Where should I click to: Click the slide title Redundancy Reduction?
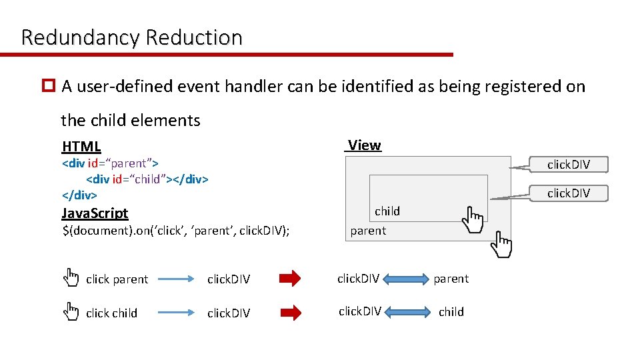coord(131,37)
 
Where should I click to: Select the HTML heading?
coord(81,147)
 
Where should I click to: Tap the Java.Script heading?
coord(95,213)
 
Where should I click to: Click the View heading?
coord(364,145)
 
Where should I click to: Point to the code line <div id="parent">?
coord(109,163)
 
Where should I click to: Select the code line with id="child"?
coord(147,179)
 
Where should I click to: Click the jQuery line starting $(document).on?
coord(175,231)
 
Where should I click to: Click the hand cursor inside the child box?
coord(474,219)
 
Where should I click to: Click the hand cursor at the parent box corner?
coord(501,245)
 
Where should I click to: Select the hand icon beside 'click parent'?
coord(70,277)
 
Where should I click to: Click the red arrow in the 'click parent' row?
coord(290,279)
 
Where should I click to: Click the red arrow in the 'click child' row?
coord(290,312)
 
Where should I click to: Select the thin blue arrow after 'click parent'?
coord(176,279)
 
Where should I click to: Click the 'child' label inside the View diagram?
coord(387,211)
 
